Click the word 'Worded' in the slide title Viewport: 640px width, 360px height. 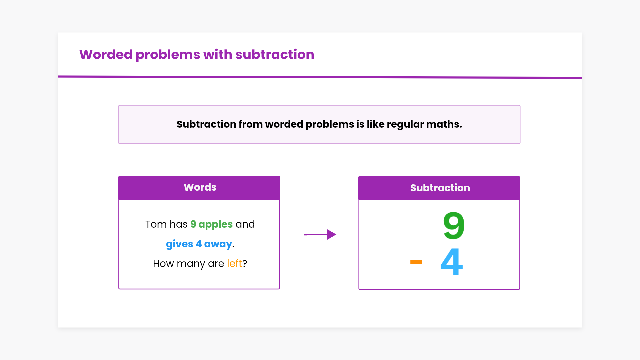(106, 55)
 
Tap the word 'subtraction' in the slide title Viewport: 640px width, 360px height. (275, 55)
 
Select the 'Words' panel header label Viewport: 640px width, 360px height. (200, 187)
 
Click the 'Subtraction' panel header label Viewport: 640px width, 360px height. (440, 188)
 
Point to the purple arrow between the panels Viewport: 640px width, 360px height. (320, 234)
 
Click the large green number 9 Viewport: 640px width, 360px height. (454, 226)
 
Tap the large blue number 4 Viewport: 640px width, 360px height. (452, 262)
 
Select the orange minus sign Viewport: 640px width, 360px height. (416, 262)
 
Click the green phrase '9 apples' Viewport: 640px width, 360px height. (211, 224)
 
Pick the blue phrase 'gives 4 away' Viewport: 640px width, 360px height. (199, 244)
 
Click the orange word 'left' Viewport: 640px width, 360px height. (234, 263)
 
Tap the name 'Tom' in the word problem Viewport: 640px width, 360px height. (156, 224)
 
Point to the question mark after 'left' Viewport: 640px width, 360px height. (245, 263)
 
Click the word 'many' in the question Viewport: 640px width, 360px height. (191, 264)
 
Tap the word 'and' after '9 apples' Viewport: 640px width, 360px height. (245, 224)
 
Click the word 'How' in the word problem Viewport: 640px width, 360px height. (163, 263)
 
